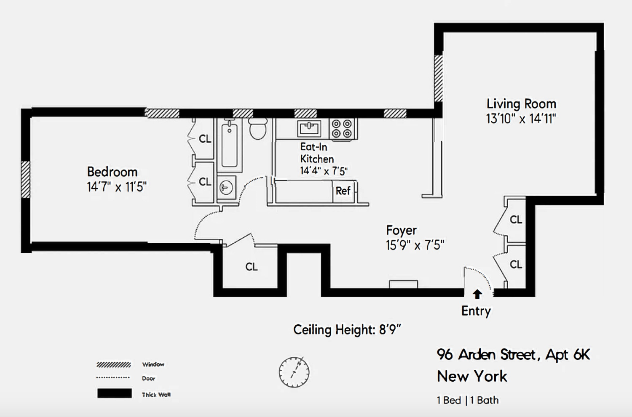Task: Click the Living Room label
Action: [x=521, y=104]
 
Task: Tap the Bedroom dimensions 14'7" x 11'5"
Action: [x=117, y=187]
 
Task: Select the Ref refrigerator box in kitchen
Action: [x=343, y=191]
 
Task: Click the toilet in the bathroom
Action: [x=257, y=129]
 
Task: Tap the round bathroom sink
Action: [x=226, y=186]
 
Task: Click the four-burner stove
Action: [x=341, y=129]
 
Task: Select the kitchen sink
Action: [x=309, y=128]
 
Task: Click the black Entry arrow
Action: [x=477, y=294]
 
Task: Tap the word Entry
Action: [x=476, y=311]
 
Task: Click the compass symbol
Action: [x=294, y=372]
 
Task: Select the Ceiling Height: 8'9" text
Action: [x=347, y=329]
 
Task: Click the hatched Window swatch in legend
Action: [x=113, y=365]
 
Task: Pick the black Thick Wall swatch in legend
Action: [x=114, y=393]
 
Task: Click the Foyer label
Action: [x=401, y=230]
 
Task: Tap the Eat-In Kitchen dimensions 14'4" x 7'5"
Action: [x=324, y=171]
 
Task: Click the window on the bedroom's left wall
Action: [x=26, y=180]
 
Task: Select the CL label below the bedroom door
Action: [x=252, y=267]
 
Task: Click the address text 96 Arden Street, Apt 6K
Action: [x=513, y=355]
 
